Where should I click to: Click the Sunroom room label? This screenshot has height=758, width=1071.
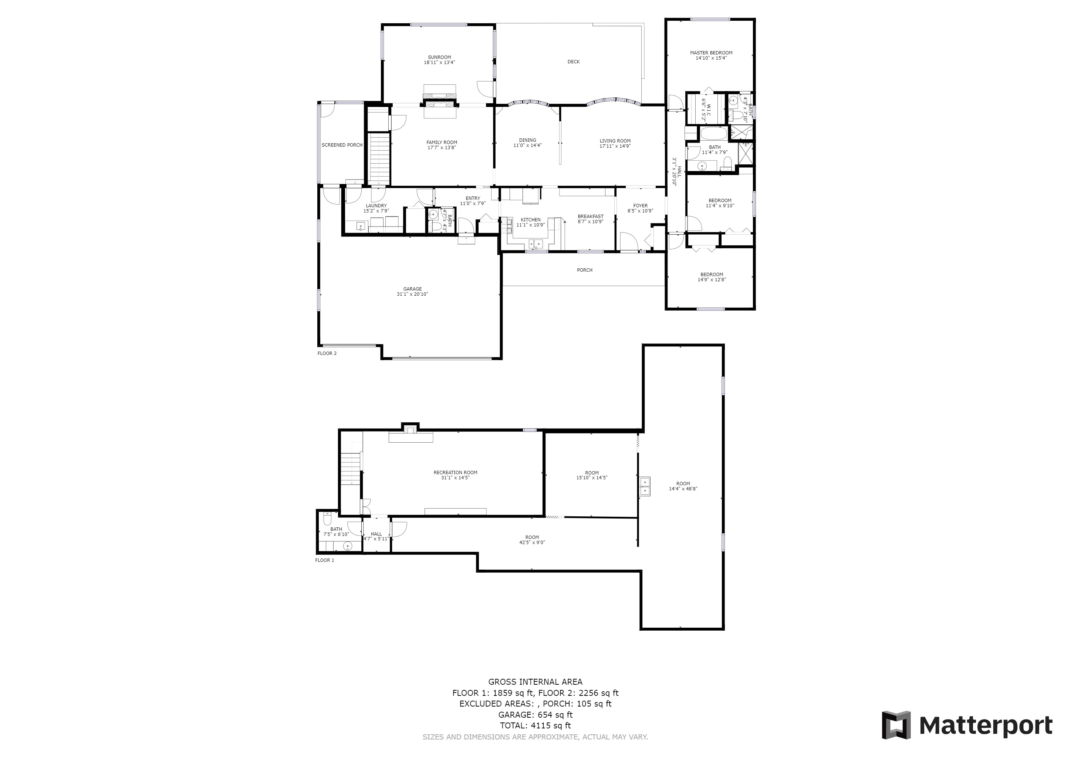439,57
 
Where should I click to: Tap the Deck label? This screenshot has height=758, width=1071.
573,61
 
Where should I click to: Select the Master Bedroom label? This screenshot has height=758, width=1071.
711,53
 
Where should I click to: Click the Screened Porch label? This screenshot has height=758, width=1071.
342,145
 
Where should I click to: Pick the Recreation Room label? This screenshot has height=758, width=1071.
455,472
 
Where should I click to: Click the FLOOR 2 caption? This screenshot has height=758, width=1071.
327,353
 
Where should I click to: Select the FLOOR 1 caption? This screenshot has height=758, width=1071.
325,560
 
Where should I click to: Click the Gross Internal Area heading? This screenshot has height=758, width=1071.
535,682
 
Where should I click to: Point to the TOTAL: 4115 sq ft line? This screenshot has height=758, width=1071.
535,725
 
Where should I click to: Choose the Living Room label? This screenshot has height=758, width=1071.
615,141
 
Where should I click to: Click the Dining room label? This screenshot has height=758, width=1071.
528,140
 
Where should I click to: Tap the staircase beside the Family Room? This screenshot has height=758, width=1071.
379,159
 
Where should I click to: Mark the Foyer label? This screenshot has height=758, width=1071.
640,205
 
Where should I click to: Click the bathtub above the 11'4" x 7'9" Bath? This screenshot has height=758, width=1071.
714,134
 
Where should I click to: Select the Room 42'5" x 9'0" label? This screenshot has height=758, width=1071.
532,537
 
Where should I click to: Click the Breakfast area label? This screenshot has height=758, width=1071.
590,216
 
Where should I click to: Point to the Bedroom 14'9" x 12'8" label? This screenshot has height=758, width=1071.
712,275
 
